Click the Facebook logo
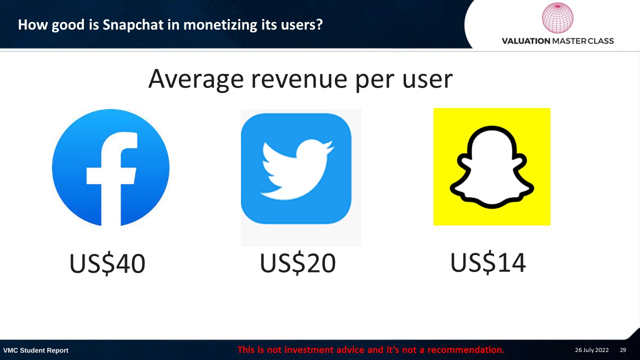tap(110, 167)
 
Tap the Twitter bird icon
tap(296, 168)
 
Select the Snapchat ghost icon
tap(492, 167)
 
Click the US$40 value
tap(107, 263)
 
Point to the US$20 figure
tap(297, 263)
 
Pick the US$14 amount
tap(488, 262)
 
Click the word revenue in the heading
tap(299, 79)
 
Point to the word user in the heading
tap(427, 79)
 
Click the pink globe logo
tap(557, 17)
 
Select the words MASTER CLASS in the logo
tap(583, 41)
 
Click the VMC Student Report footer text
tap(35, 350)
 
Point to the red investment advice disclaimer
tap(371, 349)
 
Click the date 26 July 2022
tap(591, 350)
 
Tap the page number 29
tap(623, 350)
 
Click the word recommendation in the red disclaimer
tap(465, 349)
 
